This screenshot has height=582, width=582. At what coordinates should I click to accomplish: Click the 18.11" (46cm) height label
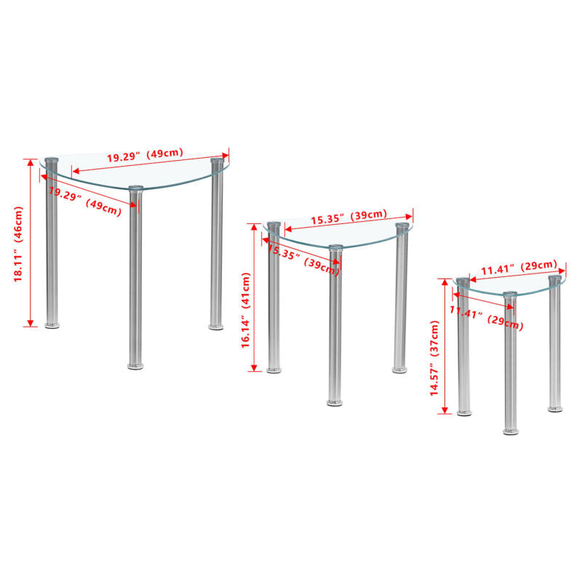pos(18,244)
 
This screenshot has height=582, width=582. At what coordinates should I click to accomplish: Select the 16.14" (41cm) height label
pos(246,311)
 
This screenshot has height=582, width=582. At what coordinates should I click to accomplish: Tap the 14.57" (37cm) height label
pos(434,358)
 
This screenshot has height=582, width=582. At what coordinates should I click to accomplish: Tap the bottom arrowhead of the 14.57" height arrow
pos(445,410)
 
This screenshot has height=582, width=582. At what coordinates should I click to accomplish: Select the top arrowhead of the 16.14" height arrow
pos(254,227)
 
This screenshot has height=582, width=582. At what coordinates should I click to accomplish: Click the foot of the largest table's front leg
pos(135,367)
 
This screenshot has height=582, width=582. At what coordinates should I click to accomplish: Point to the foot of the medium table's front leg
pos(335,403)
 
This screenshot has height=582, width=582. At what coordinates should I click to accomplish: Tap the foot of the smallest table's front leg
pos(511,431)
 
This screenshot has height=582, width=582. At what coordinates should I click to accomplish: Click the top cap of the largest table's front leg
pos(136,188)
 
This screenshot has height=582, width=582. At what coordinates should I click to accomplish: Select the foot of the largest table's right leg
pos(216,327)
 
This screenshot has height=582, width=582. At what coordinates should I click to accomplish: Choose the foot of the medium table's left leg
pos(274,370)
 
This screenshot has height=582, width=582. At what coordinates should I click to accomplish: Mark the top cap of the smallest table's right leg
pos(555,278)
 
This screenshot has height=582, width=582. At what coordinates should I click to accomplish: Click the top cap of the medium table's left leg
pos(274,225)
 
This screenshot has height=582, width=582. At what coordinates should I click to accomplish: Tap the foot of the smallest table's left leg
pos(464,412)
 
